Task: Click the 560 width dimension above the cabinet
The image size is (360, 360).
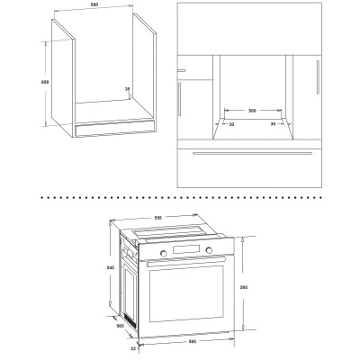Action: tap(95, 5)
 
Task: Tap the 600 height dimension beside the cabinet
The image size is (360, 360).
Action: tap(45, 82)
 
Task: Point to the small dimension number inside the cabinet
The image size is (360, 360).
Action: tap(128, 89)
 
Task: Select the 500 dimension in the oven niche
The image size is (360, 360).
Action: tap(253, 111)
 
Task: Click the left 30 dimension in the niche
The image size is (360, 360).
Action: tap(231, 124)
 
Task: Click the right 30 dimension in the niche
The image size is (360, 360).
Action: tap(273, 123)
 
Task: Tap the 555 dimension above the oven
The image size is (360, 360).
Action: tap(158, 218)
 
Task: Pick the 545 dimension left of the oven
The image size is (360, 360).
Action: tap(111, 267)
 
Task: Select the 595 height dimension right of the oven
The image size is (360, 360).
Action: tap(244, 287)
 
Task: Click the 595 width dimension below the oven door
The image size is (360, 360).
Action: tap(193, 341)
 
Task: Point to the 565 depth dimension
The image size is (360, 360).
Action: tap(121, 326)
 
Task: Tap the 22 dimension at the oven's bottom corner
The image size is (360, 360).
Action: tap(133, 348)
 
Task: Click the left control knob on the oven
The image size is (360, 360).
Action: tap(164, 253)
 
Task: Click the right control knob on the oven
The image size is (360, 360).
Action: tap(209, 250)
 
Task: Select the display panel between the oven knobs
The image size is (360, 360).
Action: tap(186, 249)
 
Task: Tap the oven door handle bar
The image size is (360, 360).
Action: tap(185, 261)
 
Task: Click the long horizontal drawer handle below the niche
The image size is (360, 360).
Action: tap(252, 153)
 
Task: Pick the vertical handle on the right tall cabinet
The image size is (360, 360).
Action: tap(318, 77)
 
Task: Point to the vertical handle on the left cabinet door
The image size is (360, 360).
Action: tap(179, 99)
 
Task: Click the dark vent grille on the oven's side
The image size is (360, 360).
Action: tap(130, 319)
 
